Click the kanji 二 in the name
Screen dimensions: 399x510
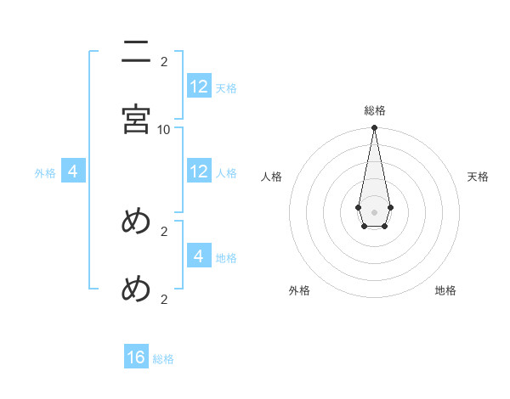[x=136, y=53]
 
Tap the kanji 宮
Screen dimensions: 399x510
[x=136, y=119]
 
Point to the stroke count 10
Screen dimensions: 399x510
[x=164, y=129]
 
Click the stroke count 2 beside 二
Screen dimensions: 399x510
[x=164, y=61]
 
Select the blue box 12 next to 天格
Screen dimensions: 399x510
[x=199, y=87]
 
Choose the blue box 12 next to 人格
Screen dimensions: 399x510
[x=199, y=171]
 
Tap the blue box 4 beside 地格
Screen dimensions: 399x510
[x=199, y=256]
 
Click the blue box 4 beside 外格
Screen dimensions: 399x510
[x=73, y=171]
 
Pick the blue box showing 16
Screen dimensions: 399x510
[x=136, y=357]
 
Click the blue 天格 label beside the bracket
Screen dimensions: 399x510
[x=226, y=87]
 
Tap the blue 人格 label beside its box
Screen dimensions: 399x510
[x=226, y=172]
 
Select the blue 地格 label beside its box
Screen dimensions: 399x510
[x=226, y=256]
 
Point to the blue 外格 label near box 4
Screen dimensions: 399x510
[x=45, y=172]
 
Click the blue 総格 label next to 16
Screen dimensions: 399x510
[x=163, y=359]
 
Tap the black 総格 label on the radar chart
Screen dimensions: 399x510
[x=375, y=111]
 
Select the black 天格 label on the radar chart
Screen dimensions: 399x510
[x=479, y=177]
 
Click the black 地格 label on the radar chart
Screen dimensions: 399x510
[x=445, y=290]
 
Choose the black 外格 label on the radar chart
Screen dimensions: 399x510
[x=299, y=290]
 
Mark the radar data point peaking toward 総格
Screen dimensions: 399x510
[x=374, y=128]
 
